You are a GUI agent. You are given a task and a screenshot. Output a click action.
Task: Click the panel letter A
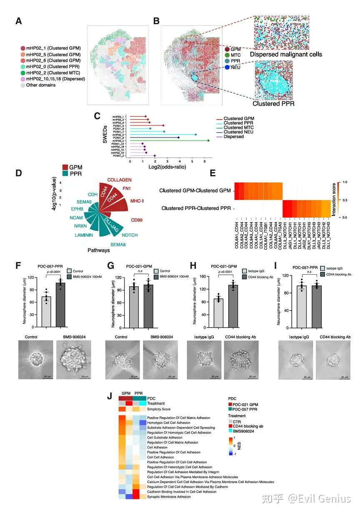point(19,21)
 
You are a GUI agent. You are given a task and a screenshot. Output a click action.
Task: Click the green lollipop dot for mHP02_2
point(208,140)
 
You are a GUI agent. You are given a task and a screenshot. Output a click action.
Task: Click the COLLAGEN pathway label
point(119,180)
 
